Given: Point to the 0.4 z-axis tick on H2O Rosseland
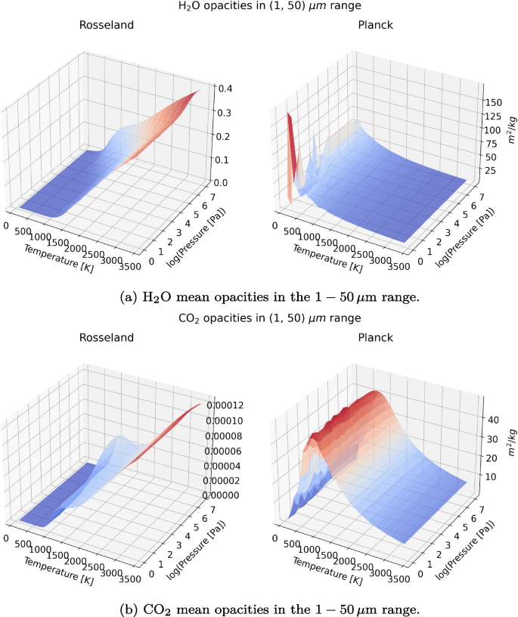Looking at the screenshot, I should pyautogui.click(x=225, y=88).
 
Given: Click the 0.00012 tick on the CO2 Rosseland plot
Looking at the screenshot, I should pyautogui.click(x=232, y=405).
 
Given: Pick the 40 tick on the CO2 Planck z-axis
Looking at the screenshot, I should pyautogui.click(x=489, y=418).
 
